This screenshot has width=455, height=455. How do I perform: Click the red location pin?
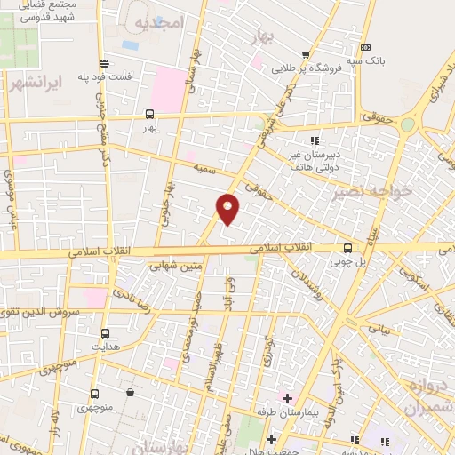(x=228, y=209)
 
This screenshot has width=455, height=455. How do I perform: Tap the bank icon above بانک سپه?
(x=365, y=47)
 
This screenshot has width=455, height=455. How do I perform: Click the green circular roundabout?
(x=407, y=124)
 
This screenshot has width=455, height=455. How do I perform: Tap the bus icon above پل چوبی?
(x=347, y=248)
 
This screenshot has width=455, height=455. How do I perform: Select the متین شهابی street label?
(x=179, y=264)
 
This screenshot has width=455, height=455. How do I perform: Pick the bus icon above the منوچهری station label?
(x=94, y=393)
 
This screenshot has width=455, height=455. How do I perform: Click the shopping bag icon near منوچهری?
(x=131, y=393)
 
